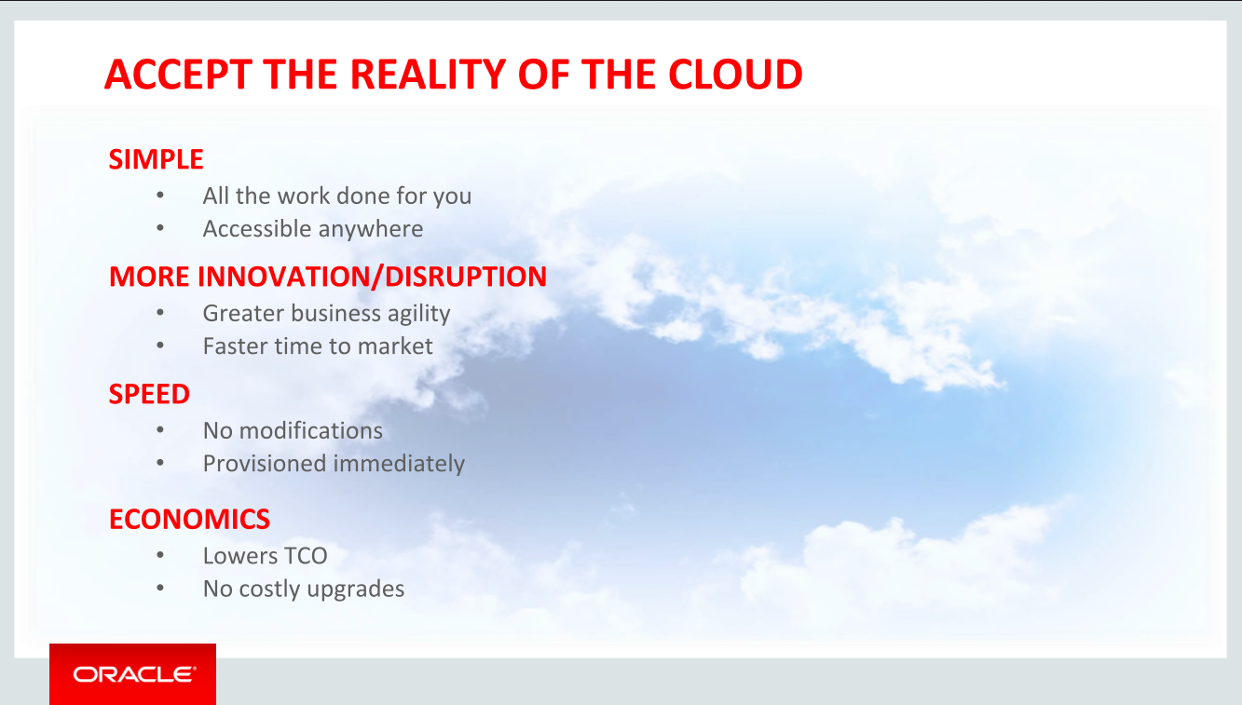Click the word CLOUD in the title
click(x=735, y=75)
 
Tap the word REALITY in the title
click(x=428, y=75)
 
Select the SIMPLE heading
click(x=156, y=159)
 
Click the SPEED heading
click(x=149, y=395)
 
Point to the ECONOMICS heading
click(x=189, y=520)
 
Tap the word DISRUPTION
click(x=465, y=277)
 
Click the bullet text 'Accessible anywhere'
click(x=313, y=229)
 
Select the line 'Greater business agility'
click(x=327, y=314)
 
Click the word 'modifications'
click(x=310, y=430)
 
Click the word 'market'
click(x=395, y=346)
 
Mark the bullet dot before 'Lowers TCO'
click(x=160, y=555)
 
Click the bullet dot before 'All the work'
click(x=160, y=195)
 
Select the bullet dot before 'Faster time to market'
click(x=160, y=346)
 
